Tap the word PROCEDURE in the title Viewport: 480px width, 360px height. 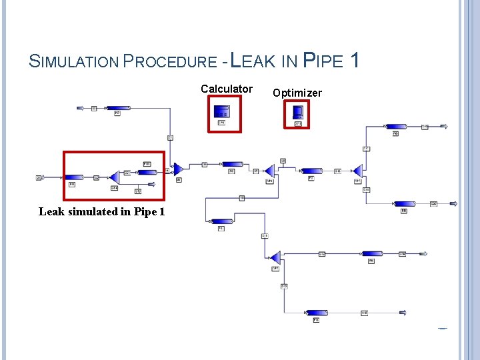coord(172,62)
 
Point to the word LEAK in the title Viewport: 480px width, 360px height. coord(253,61)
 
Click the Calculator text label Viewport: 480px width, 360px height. coord(227,89)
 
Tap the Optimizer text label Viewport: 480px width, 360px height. coord(297,93)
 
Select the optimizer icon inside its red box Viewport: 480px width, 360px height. coord(297,111)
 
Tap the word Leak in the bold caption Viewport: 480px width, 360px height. coord(51,212)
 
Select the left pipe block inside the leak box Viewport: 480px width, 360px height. coord(73,177)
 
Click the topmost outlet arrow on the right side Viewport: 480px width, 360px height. coord(444,126)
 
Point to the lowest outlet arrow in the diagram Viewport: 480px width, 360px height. coord(403,313)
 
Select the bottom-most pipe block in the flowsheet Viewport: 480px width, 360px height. coord(315,313)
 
